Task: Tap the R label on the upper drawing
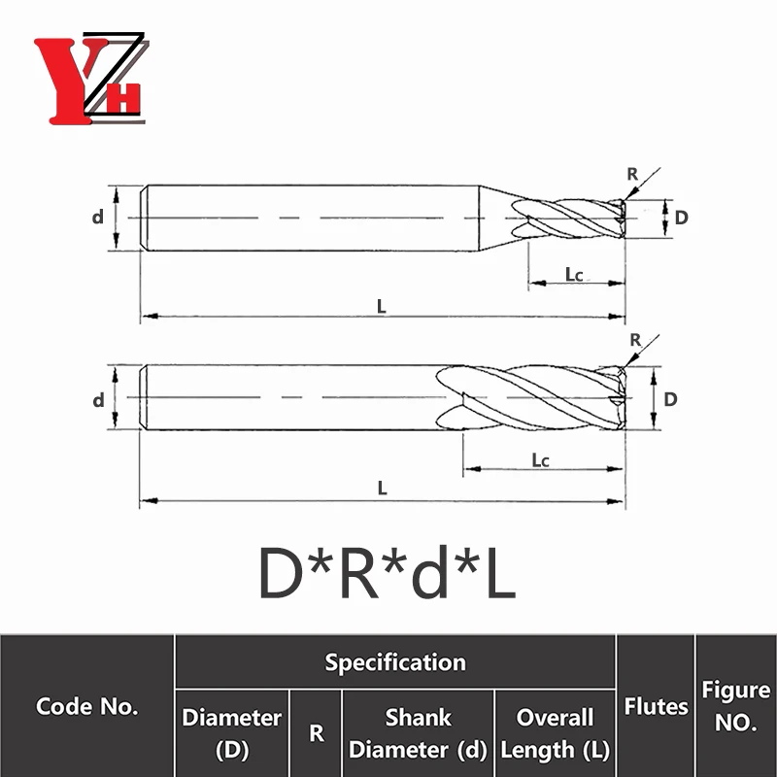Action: [x=632, y=174]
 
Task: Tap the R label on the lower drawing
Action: [x=635, y=340]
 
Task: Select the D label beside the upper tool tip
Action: [x=682, y=218]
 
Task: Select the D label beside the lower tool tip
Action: [x=670, y=399]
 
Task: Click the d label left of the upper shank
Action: [x=98, y=217]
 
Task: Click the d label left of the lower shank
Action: [x=99, y=399]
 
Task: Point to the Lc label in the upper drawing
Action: [x=574, y=274]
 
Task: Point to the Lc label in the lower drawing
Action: [x=541, y=460]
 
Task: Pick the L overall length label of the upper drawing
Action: [x=381, y=306]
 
